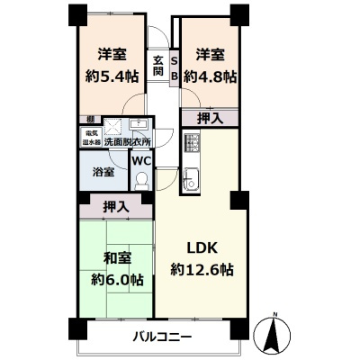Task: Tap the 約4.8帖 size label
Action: (211, 76)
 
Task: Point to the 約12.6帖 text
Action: (203, 269)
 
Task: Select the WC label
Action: (142, 160)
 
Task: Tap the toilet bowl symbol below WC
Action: (141, 180)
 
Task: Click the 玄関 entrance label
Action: (157, 67)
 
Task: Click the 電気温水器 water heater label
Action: (90, 139)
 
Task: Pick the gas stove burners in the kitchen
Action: (190, 142)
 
